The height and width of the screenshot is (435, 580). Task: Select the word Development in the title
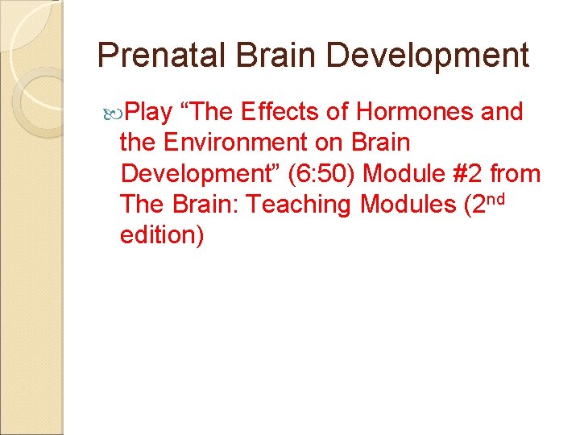[429, 56]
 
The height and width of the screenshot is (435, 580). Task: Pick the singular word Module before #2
[396, 174]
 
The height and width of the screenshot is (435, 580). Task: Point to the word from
[515, 174]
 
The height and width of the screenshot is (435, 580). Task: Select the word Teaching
[300, 205]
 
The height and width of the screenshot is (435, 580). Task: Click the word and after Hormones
[502, 111]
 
